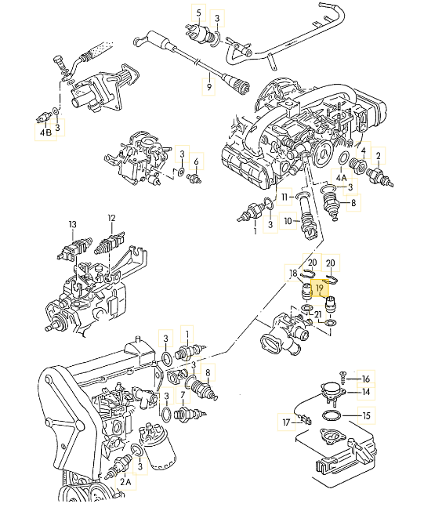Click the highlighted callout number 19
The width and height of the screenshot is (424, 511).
[320, 288]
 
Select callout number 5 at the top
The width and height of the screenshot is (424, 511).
[198, 13]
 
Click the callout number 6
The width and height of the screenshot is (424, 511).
[197, 162]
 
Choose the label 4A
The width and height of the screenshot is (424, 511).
[341, 179]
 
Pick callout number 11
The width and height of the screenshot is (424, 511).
[285, 196]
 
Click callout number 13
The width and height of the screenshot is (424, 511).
[73, 224]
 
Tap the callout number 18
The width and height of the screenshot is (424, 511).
[292, 274]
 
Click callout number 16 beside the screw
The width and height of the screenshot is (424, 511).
[365, 379]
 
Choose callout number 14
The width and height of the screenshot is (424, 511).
[365, 392]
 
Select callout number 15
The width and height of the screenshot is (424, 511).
[365, 415]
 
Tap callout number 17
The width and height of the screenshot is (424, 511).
[285, 422]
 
